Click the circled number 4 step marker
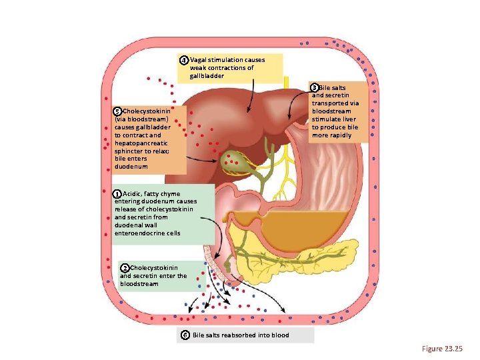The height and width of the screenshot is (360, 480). point(184,60)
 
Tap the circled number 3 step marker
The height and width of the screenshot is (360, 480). point(315,87)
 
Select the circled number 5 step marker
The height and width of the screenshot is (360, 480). point(117,111)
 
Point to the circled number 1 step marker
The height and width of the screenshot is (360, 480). point(117,193)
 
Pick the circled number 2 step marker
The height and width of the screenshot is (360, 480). point(125,267)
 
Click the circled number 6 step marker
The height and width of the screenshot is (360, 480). point(185,335)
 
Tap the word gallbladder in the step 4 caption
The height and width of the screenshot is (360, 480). point(206,76)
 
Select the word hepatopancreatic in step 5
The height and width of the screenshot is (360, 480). point(141,143)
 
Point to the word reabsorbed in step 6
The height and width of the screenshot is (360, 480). point(236,335)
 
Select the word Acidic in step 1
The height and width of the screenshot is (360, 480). point(132,193)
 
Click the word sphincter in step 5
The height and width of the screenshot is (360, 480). point(131,151)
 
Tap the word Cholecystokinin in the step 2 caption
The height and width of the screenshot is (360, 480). point(154,267)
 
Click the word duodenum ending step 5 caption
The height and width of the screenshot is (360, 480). point(131,167)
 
